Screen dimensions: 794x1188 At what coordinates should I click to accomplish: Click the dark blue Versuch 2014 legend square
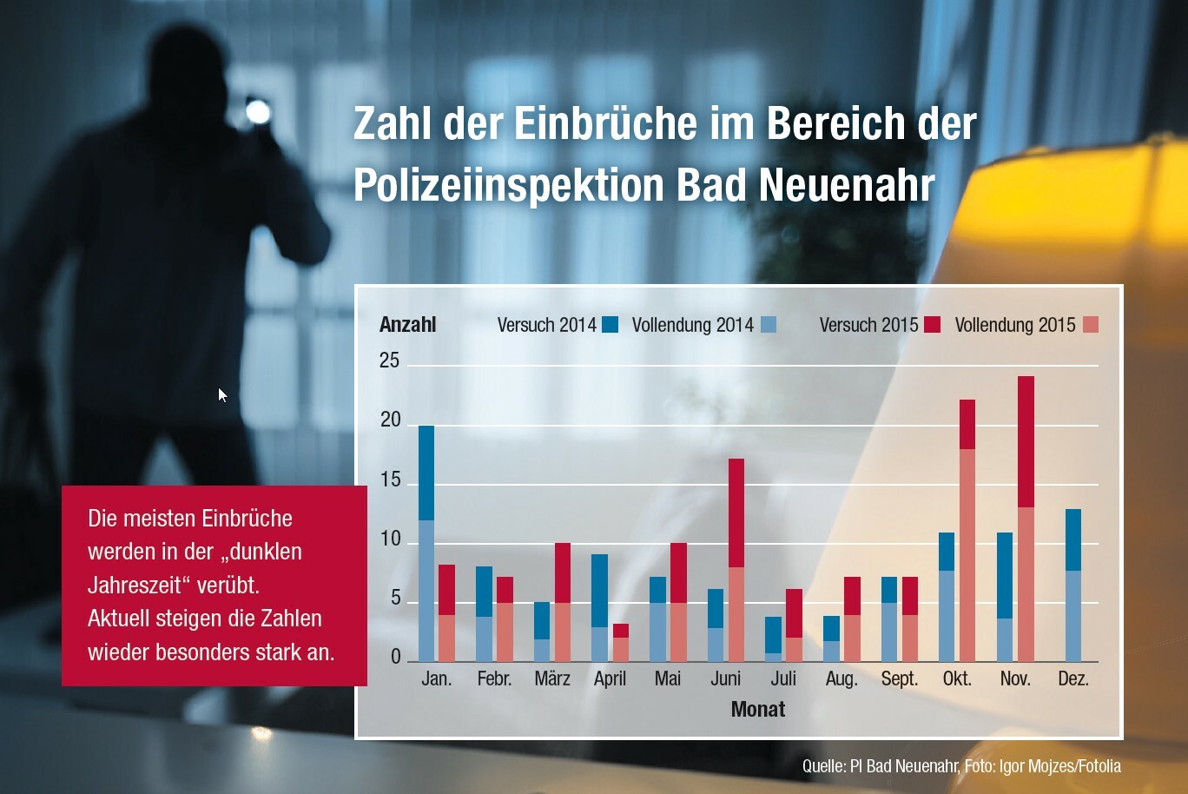pyautogui.click(x=610, y=325)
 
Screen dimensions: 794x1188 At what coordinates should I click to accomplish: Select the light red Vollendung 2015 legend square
pyautogui.click(x=1091, y=325)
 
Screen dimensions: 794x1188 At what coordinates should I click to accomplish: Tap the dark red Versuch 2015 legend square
pyautogui.click(x=933, y=325)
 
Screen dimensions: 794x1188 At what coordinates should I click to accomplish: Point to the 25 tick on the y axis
pyautogui.click(x=390, y=361)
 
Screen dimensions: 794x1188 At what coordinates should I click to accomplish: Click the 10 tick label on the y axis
pyautogui.click(x=390, y=539)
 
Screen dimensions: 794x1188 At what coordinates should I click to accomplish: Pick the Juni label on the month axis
pyautogui.click(x=726, y=678)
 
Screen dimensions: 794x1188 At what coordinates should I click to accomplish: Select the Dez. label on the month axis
pyautogui.click(x=1073, y=678)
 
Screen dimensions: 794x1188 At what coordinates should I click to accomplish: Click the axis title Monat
pyautogui.click(x=758, y=710)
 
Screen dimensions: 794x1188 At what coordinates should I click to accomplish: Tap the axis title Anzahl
pyautogui.click(x=407, y=325)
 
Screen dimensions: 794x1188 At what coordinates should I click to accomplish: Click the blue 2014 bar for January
pyautogui.click(x=426, y=544)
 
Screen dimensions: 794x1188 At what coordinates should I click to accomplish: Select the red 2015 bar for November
pyautogui.click(x=1026, y=519)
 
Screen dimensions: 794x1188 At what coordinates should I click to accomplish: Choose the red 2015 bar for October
pyautogui.click(x=967, y=531)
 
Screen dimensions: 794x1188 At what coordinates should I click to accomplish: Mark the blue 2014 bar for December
pyautogui.click(x=1073, y=586)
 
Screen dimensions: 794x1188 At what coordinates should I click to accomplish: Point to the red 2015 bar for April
pyautogui.click(x=620, y=643)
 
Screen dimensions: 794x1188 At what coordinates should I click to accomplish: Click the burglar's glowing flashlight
pyautogui.click(x=258, y=111)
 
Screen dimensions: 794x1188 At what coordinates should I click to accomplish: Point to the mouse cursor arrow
pyautogui.click(x=222, y=395)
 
